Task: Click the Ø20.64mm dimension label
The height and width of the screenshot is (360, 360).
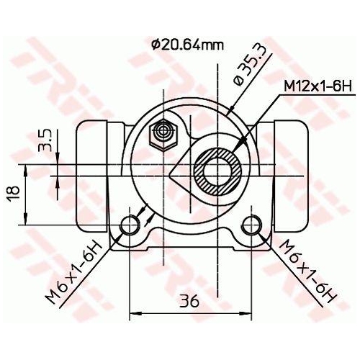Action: coord(188,45)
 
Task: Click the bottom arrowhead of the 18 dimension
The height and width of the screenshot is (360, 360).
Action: coord(27,220)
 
